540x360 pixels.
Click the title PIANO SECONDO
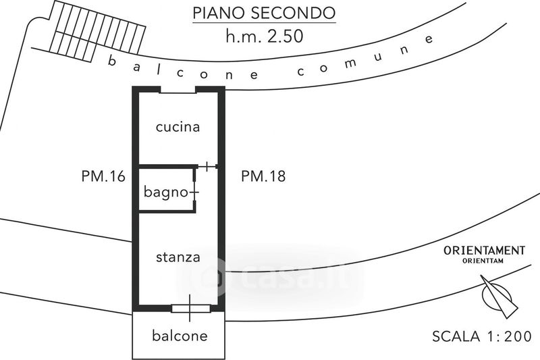(263, 13)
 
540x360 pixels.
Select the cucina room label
(178, 127)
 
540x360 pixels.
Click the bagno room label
(165, 192)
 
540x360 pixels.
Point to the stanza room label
(178, 257)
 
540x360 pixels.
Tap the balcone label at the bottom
(179, 335)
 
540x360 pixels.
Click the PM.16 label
(103, 177)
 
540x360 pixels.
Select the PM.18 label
(263, 177)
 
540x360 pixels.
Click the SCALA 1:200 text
(481, 336)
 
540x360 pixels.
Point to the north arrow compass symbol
(498, 296)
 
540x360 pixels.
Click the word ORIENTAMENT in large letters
(483, 251)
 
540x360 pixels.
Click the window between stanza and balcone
(190, 309)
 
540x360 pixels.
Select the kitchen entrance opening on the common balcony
(178, 91)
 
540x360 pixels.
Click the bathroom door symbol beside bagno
(195, 192)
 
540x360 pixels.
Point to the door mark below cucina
(207, 166)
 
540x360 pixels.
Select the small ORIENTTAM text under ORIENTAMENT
(483, 261)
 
